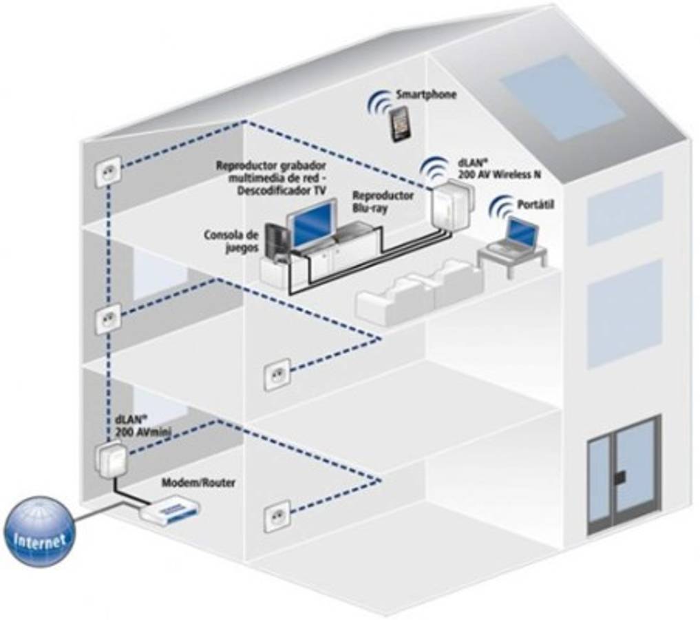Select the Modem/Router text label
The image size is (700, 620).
pos(198,483)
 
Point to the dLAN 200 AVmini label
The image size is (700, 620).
pos(143,424)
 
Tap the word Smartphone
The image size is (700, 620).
pos(425,94)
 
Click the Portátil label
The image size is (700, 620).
pos(535,205)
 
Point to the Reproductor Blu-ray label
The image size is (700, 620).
pos(383,200)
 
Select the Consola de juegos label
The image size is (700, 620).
pos(231,241)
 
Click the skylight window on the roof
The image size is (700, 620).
pos(561,96)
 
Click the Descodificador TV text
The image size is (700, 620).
pos(282,191)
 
